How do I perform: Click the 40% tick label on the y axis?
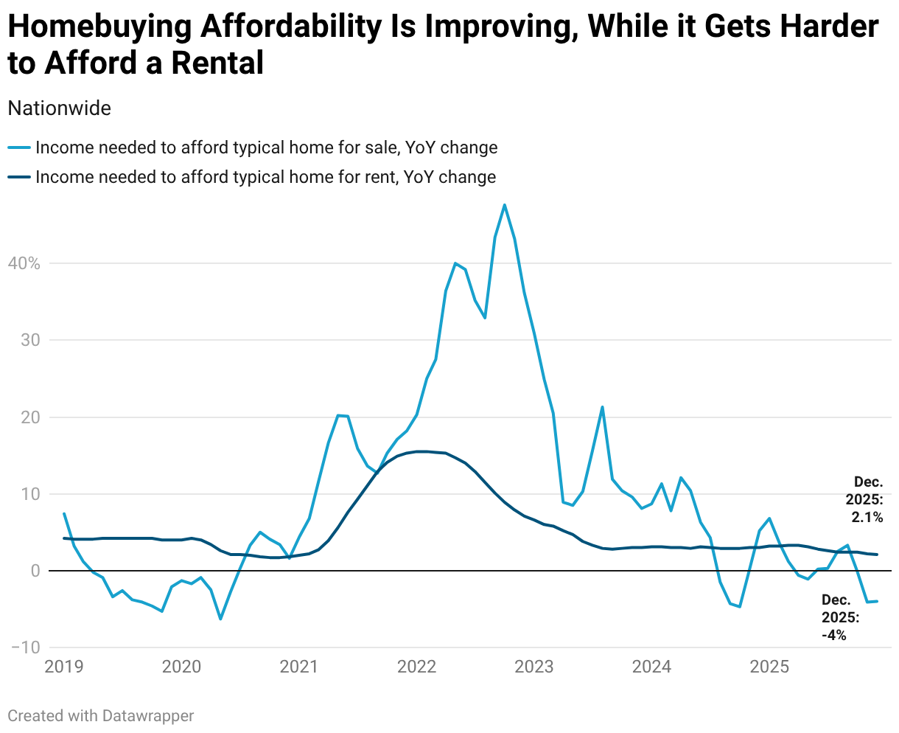[x=24, y=263]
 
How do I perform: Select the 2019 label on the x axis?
[x=64, y=667]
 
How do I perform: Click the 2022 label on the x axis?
[x=416, y=667]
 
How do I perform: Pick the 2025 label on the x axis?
[x=769, y=667]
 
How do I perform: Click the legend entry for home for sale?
[x=266, y=147]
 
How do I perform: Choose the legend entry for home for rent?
[x=265, y=177]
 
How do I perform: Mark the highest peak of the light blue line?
[x=504, y=204]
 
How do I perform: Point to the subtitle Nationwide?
[x=59, y=108]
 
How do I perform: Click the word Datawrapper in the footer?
[x=148, y=715]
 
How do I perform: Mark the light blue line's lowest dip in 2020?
[x=220, y=619]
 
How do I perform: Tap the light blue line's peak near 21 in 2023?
[x=602, y=406]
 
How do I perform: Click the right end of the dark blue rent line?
[x=877, y=555]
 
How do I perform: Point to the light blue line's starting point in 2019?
[x=64, y=513]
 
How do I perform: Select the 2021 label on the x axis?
[x=299, y=667]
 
